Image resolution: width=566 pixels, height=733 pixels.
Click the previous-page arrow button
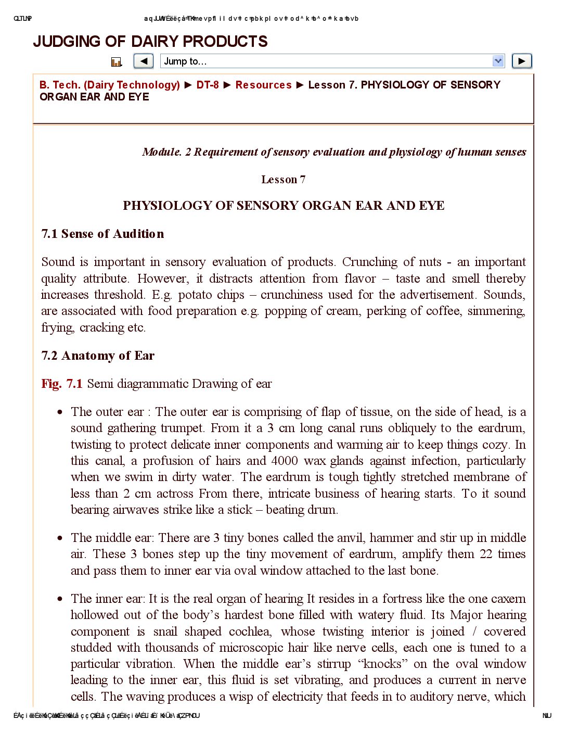pyautogui.click(x=144, y=61)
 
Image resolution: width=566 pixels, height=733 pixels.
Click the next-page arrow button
pyautogui.click(x=522, y=61)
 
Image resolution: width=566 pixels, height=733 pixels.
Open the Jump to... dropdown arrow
pyautogui.click(x=498, y=61)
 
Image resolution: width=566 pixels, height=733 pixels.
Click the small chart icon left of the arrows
pyautogui.click(x=117, y=62)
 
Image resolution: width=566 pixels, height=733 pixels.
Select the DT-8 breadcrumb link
pyautogui.click(x=208, y=85)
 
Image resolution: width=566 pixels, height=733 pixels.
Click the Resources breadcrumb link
pyautogui.click(x=263, y=85)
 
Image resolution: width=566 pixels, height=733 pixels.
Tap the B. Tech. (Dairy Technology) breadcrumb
pyautogui.click(x=110, y=85)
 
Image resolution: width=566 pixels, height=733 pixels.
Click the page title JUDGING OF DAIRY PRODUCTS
pyautogui.click(x=150, y=42)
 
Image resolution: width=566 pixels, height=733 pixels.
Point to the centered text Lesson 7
pyautogui.click(x=284, y=180)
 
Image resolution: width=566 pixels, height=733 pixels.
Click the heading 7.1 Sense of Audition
pyautogui.click(x=102, y=234)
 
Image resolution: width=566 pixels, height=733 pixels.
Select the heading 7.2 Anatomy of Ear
pyautogui.click(x=98, y=356)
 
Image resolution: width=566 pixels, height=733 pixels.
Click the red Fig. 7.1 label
pyautogui.click(x=62, y=384)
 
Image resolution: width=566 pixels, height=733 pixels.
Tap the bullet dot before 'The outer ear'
pyautogui.click(x=60, y=412)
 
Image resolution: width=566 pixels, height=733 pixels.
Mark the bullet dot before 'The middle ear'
pyautogui.click(x=60, y=538)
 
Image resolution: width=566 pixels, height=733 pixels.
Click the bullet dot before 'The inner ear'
pyautogui.click(x=60, y=599)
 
